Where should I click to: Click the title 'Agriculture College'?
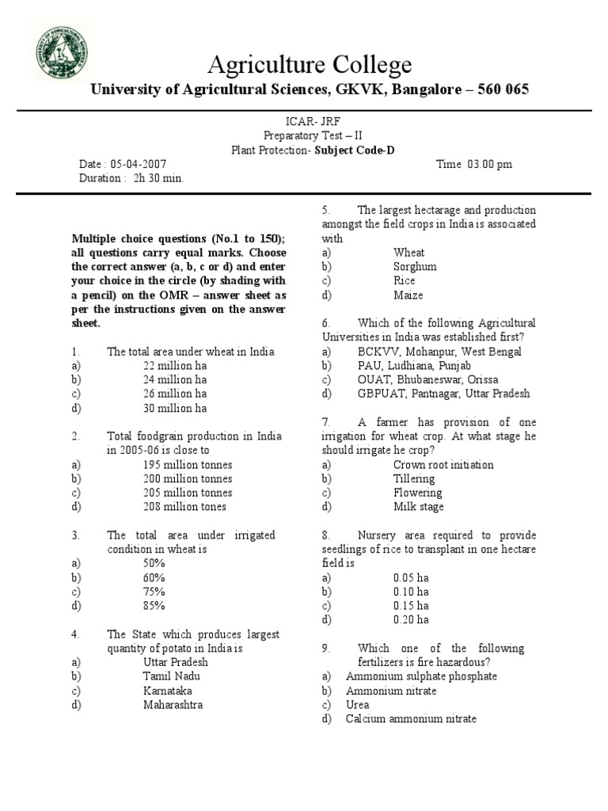(310, 65)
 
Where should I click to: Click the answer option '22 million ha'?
(175, 365)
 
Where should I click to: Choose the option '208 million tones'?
(184, 507)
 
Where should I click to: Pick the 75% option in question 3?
(154, 592)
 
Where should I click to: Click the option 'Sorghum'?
(415, 267)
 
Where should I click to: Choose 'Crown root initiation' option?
(443, 465)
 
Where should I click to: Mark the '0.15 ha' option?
(411, 606)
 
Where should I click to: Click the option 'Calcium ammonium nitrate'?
(411, 718)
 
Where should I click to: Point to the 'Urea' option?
(357, 704)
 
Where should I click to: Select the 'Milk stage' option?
(418, 507)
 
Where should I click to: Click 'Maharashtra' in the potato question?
(173, 704)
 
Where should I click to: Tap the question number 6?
(325, 323)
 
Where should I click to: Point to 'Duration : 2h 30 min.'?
(131, 178)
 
